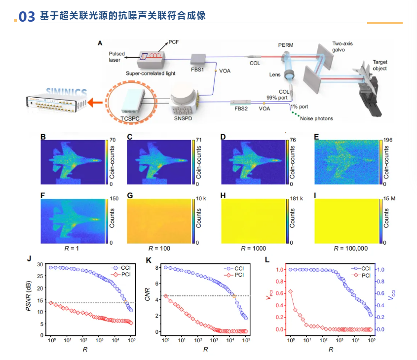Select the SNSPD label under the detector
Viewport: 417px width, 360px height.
182,118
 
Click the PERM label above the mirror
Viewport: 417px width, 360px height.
285,45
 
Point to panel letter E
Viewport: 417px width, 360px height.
316,136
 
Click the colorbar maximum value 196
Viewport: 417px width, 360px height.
389,140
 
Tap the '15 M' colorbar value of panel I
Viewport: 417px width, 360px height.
389,199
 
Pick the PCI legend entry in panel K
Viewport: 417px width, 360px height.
237,275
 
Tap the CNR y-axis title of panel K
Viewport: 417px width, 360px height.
150,298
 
